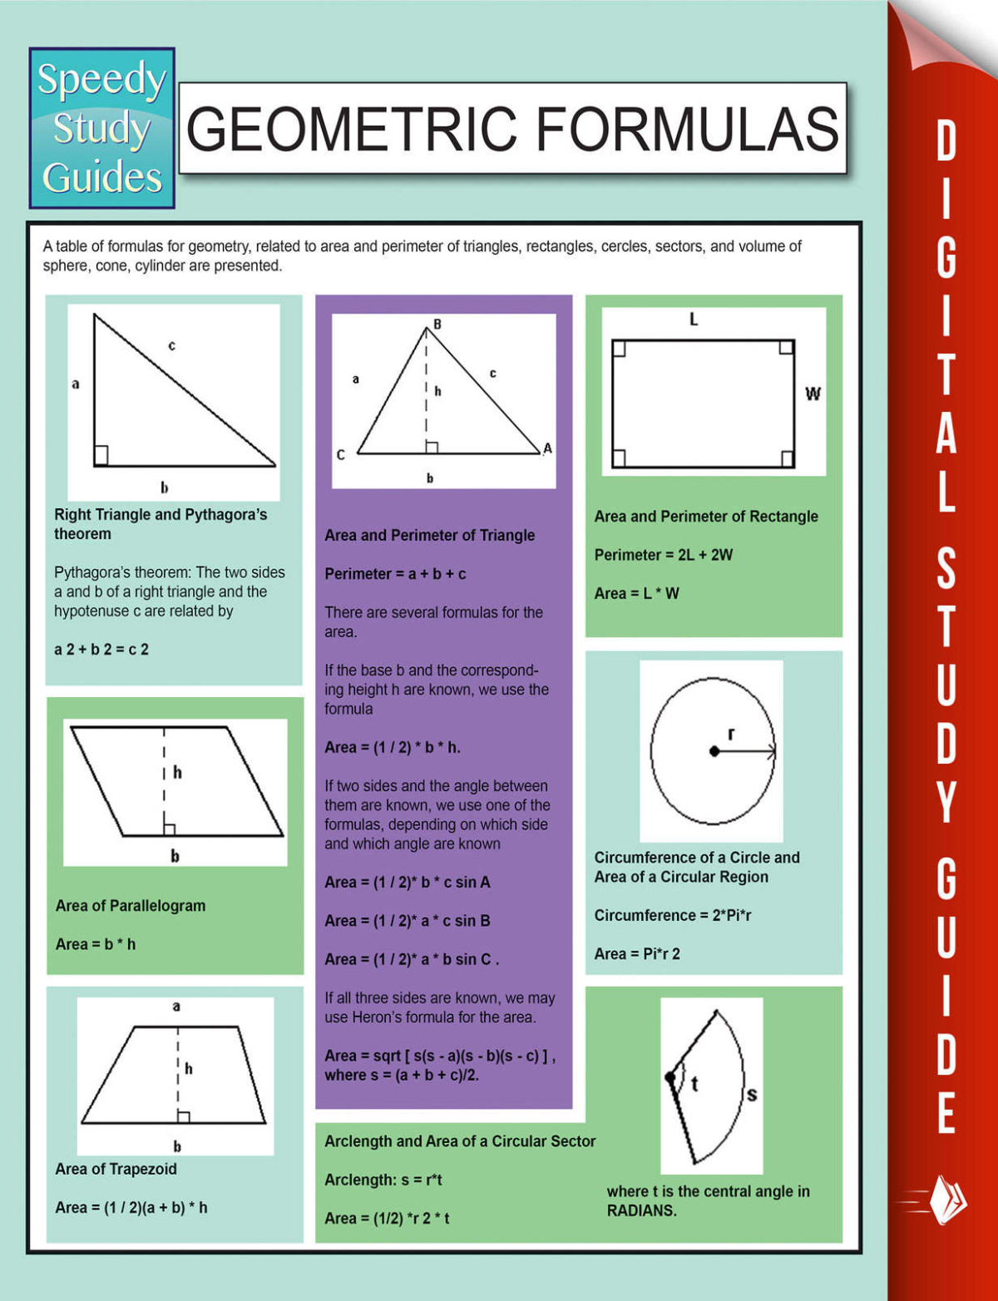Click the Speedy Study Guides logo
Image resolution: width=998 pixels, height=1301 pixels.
click(x=101, y=127)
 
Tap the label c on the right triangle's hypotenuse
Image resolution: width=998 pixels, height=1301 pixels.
click(x=172, y=345)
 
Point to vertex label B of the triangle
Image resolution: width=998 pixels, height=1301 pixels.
click(x=437, y=324)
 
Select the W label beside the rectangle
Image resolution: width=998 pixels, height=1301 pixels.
click(x=813, y=393)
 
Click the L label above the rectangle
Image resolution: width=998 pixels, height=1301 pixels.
click(x=694, y=319)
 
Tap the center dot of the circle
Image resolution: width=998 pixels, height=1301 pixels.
click(x=714, y=751)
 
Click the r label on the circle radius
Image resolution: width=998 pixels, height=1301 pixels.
click(x=731, y=734)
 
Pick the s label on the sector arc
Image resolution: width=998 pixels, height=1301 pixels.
click(x=752, y=1095)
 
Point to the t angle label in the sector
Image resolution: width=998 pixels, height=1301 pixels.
click(x=694, y=1083)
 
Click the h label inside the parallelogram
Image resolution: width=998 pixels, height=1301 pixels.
click(x=177, y=773)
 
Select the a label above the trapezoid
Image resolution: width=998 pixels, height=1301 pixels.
click(x=176, y=1007)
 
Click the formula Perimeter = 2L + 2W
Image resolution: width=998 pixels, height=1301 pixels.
click(x=663, y=555)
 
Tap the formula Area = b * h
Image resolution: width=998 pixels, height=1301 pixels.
click(x=96, y=944)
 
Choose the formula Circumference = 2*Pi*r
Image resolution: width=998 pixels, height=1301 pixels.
click(x=672, y=915)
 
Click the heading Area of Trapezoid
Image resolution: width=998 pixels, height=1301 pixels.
click(x=116, y=1169)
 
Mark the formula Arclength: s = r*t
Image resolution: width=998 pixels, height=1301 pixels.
click(x=383, y=1180)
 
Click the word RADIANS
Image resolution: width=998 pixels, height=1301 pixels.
click(x=641, y=1210)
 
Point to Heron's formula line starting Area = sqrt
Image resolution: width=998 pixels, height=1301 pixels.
click(x=439, y=1056)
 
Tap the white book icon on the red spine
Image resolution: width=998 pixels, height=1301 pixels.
click(x=948, y=1200)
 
